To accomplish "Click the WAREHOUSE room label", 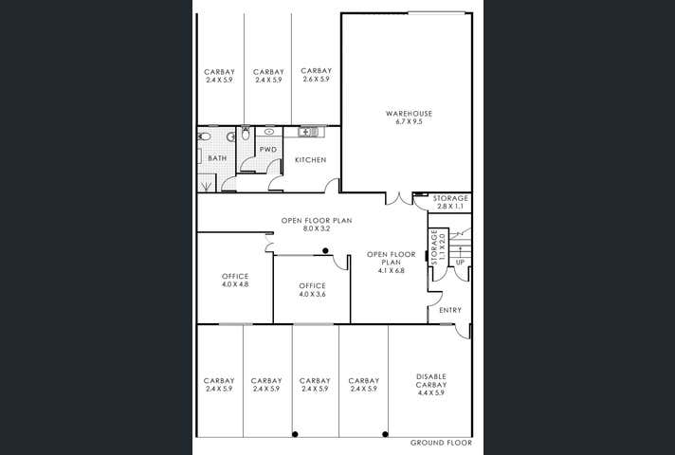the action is (x=409, y=114).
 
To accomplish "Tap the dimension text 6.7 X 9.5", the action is (x=409, y=122).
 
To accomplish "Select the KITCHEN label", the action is (x=310, y=159).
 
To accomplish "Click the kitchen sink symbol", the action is (x=306, y=132).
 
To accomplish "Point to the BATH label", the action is (x=217, y=158).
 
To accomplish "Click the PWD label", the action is (x=268, y=150).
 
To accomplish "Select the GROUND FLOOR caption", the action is (x=441, y=443).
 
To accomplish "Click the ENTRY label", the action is (x=450, y=310).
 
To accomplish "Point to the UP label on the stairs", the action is (x=460, y=263).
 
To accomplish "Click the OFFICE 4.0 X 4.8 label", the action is (x=235, y=281).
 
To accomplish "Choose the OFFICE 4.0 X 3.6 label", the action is (x=312, y=290).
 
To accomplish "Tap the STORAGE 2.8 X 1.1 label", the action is (x=450, y=202).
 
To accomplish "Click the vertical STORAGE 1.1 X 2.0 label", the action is (x=438, y=246).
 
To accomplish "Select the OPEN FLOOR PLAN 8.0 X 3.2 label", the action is (x=317, y=225).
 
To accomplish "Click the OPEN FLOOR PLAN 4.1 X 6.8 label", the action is (x=391, y=263).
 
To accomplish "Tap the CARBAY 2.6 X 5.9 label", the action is (x=316, y=75).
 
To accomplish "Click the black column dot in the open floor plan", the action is (x=325, y=250).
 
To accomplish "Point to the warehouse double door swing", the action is (x=398, y=198).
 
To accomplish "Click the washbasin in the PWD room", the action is (x=269, y=132).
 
